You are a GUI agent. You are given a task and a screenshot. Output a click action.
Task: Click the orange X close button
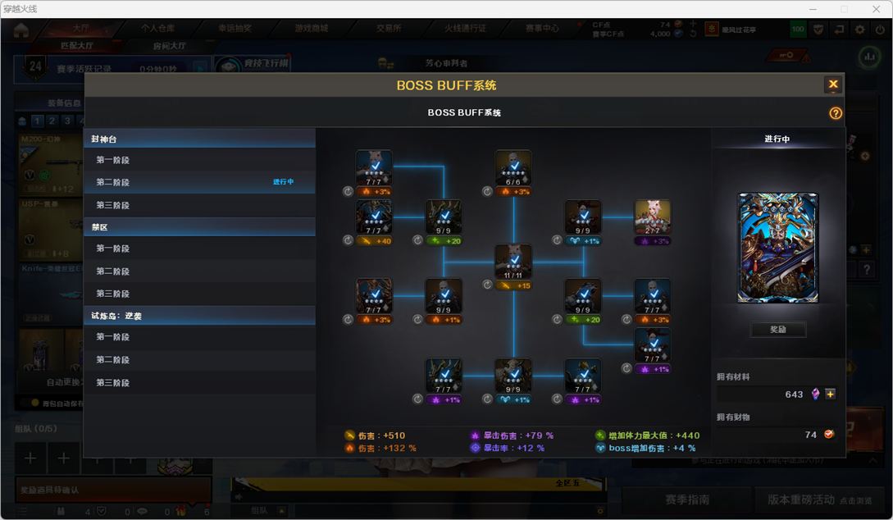(x=832, y=84)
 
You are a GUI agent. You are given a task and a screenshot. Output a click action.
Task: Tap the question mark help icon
(x=836, y=113)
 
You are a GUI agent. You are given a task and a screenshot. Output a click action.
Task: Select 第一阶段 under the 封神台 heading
(x=112, y=160)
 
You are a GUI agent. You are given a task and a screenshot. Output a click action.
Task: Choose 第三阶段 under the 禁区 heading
(x=112, y=294)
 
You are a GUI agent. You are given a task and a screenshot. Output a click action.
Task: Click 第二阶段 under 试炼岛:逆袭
(x=112, y=359)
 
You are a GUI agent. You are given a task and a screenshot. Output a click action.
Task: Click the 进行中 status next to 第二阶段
(x=283, y=182)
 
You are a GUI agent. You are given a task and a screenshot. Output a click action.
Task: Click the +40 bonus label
(x=380, y=241)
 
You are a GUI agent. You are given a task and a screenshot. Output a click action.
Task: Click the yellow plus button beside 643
(x=830, y=394)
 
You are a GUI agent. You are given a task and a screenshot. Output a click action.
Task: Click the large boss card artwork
(x=777, y=248)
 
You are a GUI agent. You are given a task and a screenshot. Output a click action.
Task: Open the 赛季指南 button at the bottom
(x=686, y=499)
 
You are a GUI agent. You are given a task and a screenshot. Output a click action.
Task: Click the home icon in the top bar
(x=21, y=30)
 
